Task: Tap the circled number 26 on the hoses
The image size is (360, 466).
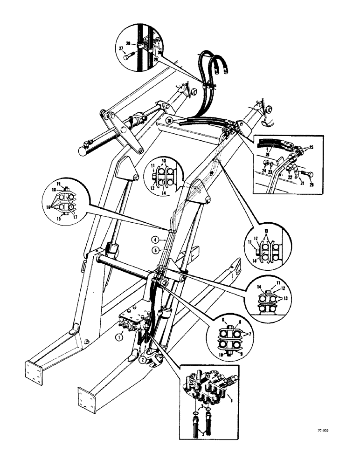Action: coord(170,121)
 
